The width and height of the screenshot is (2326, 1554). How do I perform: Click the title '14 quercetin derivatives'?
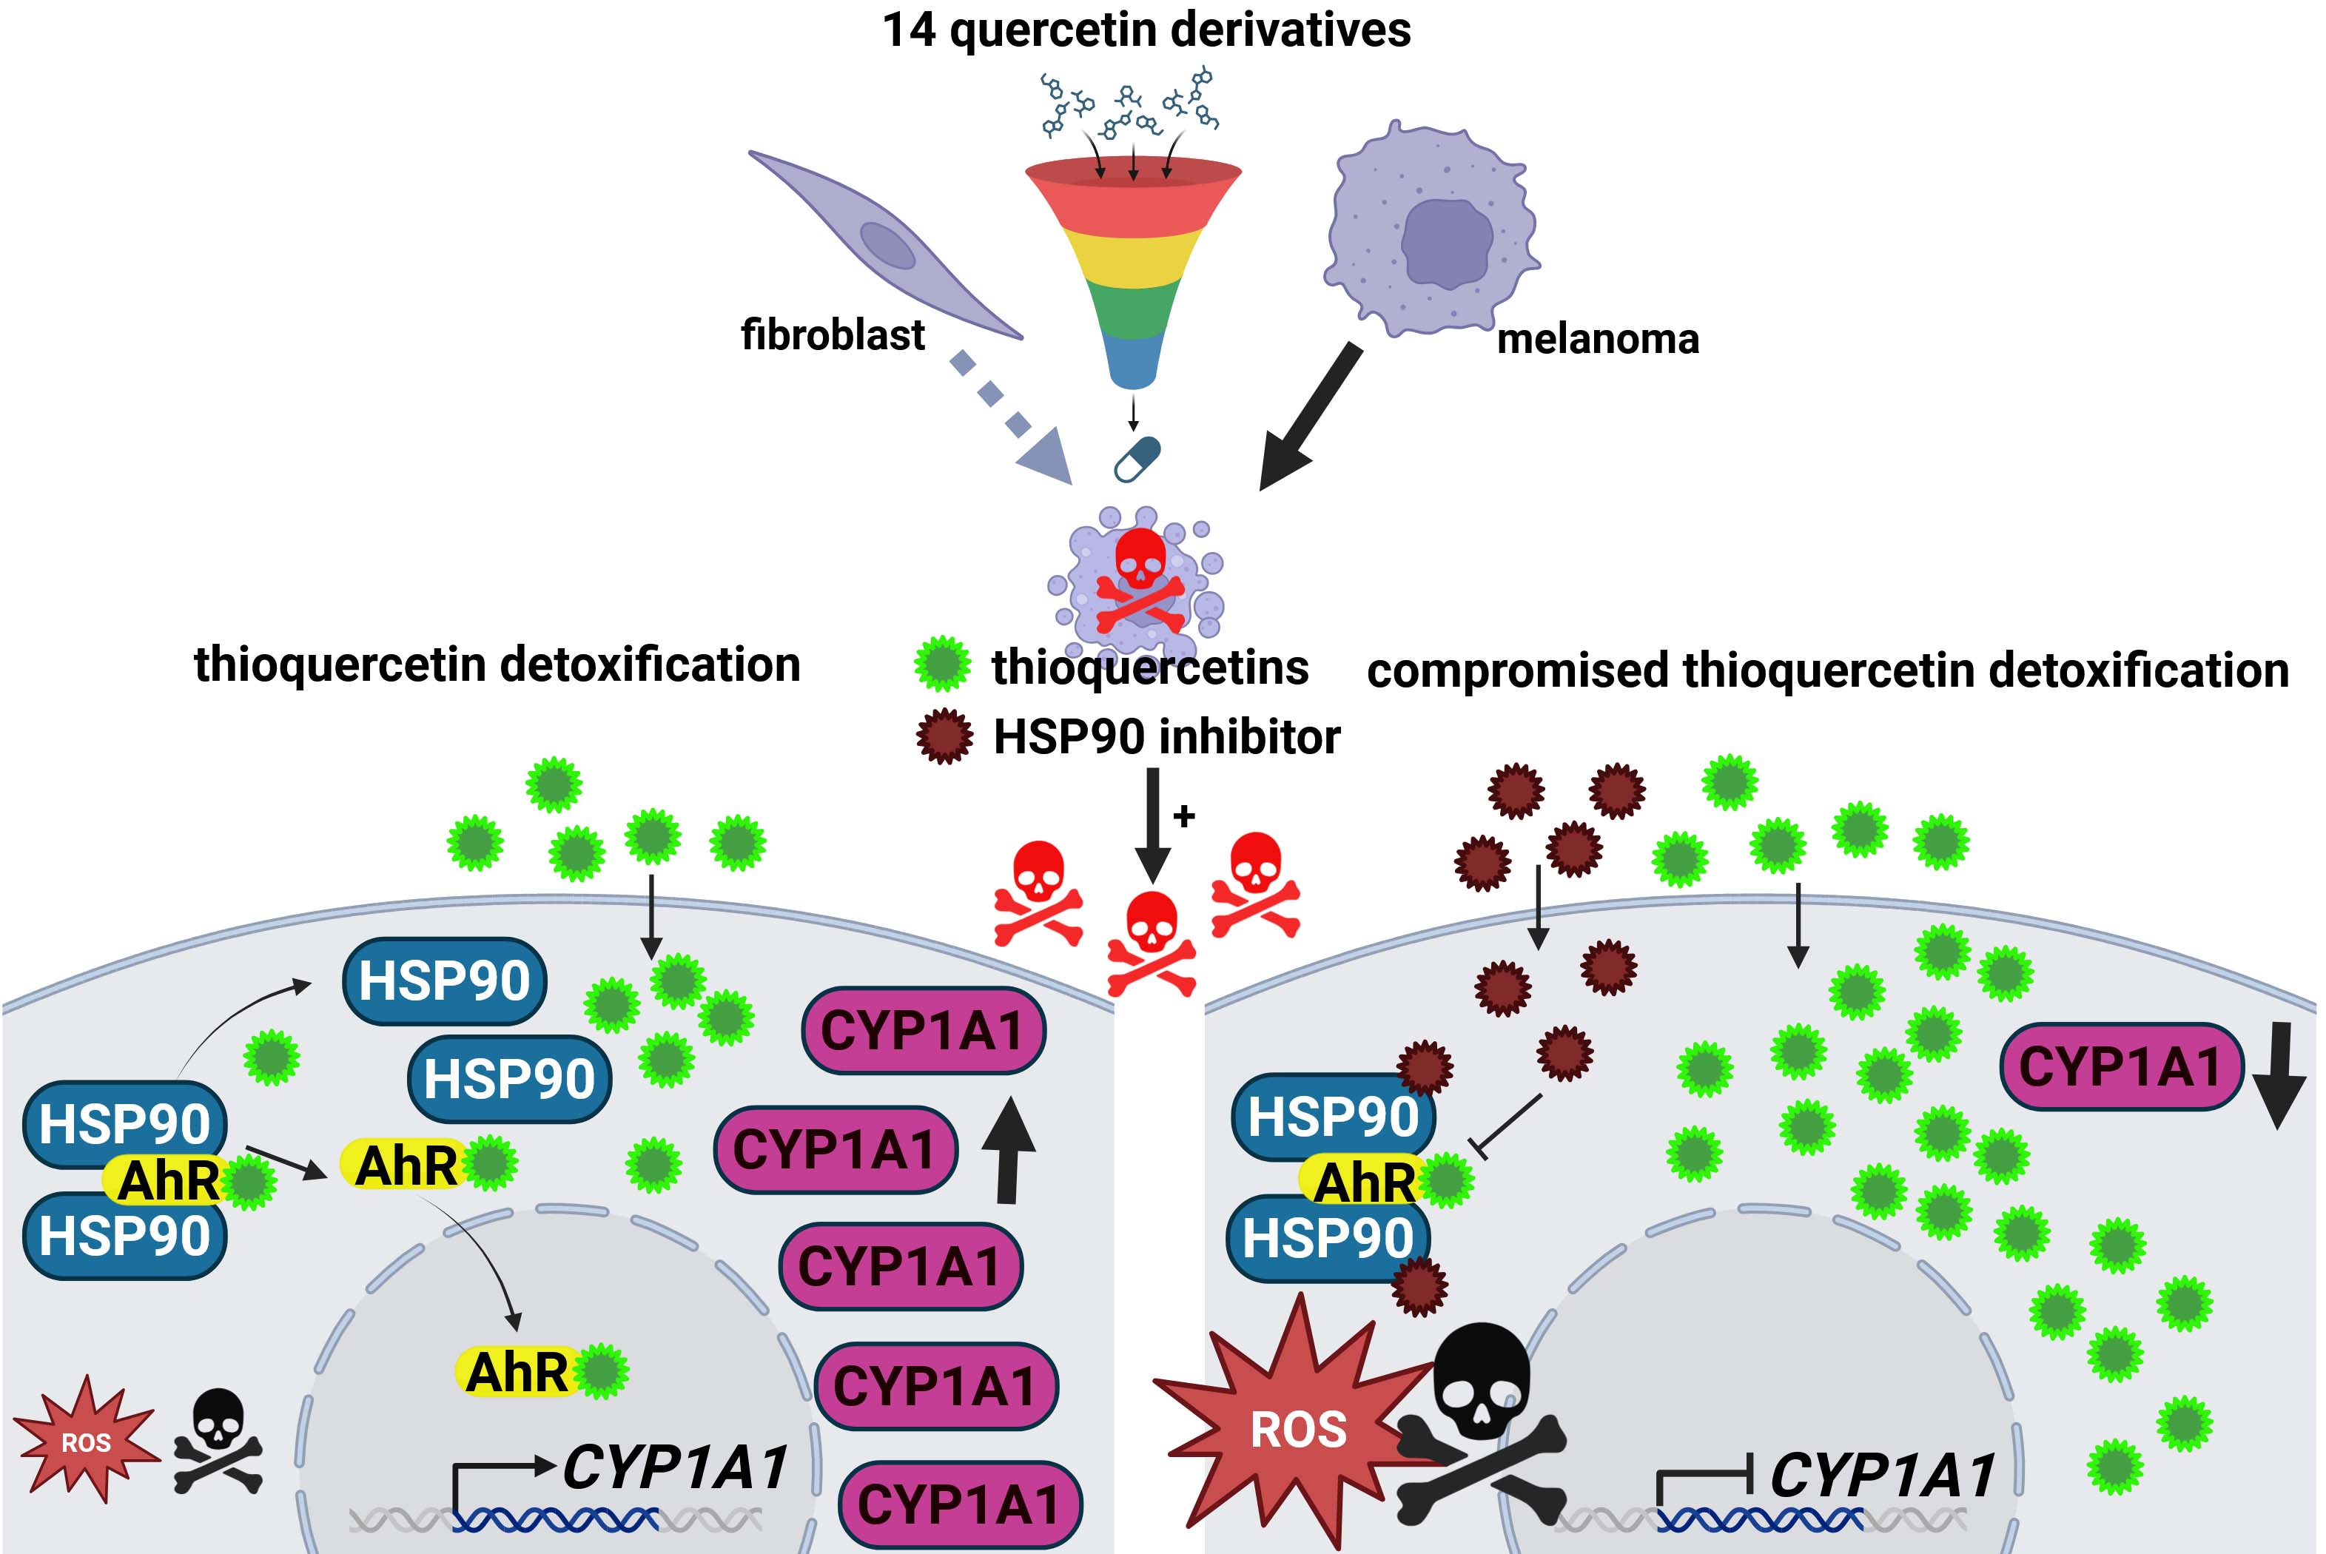coord(1146,30)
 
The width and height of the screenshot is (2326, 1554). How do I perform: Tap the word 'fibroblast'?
coord(833,335)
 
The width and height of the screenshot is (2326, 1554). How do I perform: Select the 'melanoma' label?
coord(1598,339)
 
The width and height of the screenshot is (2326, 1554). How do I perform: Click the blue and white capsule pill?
coord(1137,459)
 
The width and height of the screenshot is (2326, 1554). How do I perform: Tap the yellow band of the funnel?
coord(1133,254)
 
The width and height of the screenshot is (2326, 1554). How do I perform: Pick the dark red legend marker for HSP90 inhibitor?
coord(944,736)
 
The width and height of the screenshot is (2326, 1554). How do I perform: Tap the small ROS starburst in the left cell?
coord(87,1440)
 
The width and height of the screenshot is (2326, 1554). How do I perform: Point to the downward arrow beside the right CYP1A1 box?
coord(2277,1075)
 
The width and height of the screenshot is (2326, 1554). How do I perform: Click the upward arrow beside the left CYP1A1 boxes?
coord(1009,1150)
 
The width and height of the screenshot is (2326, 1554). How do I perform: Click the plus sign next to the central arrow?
coord(1184,815)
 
